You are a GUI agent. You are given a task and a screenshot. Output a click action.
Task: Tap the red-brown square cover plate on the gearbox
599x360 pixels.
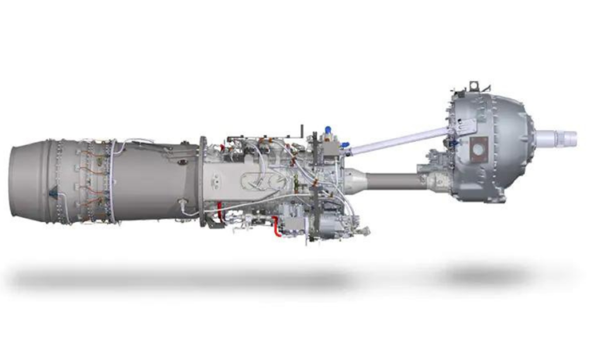(x=478, y=149)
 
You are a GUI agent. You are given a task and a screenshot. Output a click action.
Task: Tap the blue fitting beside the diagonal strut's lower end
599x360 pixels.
(x=345, y=144)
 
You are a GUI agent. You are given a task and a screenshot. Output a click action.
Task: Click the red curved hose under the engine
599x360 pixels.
(x=276, y=226)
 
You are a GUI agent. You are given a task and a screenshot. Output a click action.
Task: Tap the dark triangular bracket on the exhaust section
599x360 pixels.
(x=54, y=191)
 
